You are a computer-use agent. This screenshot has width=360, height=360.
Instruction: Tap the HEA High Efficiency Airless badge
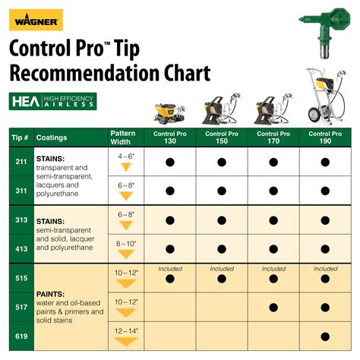53,101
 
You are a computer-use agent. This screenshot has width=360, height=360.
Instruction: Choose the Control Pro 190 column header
325,138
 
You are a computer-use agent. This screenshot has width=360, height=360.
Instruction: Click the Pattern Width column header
123,137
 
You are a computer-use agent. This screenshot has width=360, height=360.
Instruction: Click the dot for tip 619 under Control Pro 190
325,337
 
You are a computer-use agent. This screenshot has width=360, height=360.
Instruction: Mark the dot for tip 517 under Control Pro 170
273,308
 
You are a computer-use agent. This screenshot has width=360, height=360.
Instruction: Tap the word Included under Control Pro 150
222,268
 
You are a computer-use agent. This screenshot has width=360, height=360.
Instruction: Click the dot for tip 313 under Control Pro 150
222,219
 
